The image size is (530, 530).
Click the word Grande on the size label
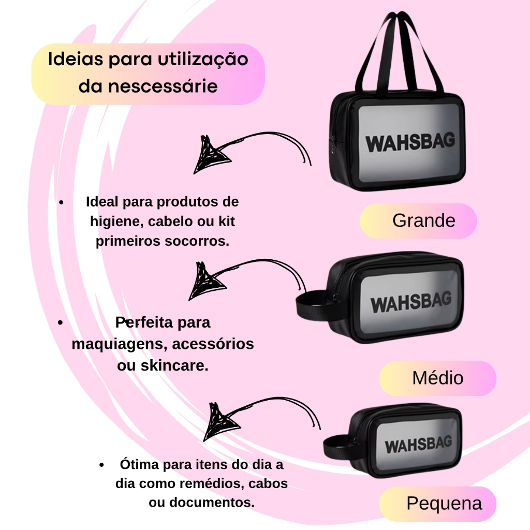[424, 220]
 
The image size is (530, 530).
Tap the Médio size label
[438, 378]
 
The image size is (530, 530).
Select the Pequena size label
[438, 504]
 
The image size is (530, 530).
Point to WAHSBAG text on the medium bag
[411, 302]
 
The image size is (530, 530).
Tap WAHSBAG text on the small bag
[418, 444]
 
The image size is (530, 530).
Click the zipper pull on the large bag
[333, 145]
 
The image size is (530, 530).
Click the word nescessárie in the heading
[163, 86]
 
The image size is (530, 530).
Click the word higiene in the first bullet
[116, 222]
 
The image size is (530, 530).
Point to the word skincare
[174, 365]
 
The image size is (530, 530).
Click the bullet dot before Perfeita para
[60, 323]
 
